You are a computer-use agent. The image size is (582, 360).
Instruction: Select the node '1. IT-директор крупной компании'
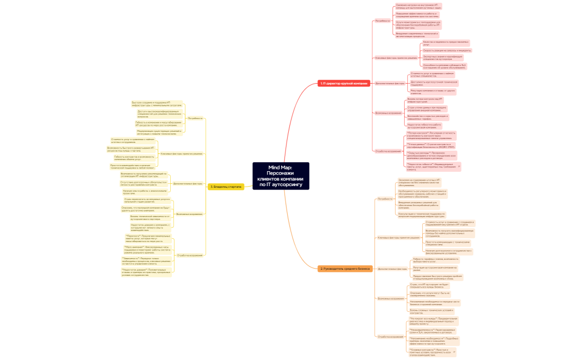click(343, 84)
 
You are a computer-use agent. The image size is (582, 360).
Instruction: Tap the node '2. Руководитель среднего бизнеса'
click(345, 269)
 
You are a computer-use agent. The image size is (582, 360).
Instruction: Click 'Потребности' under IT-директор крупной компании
click(382, 20)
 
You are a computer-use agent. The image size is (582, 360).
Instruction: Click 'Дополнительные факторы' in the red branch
click(390, 84)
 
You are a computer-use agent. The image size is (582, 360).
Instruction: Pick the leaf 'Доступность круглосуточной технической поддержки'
click(433, 83)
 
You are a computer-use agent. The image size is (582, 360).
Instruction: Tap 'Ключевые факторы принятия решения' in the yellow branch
click(181, 153)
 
